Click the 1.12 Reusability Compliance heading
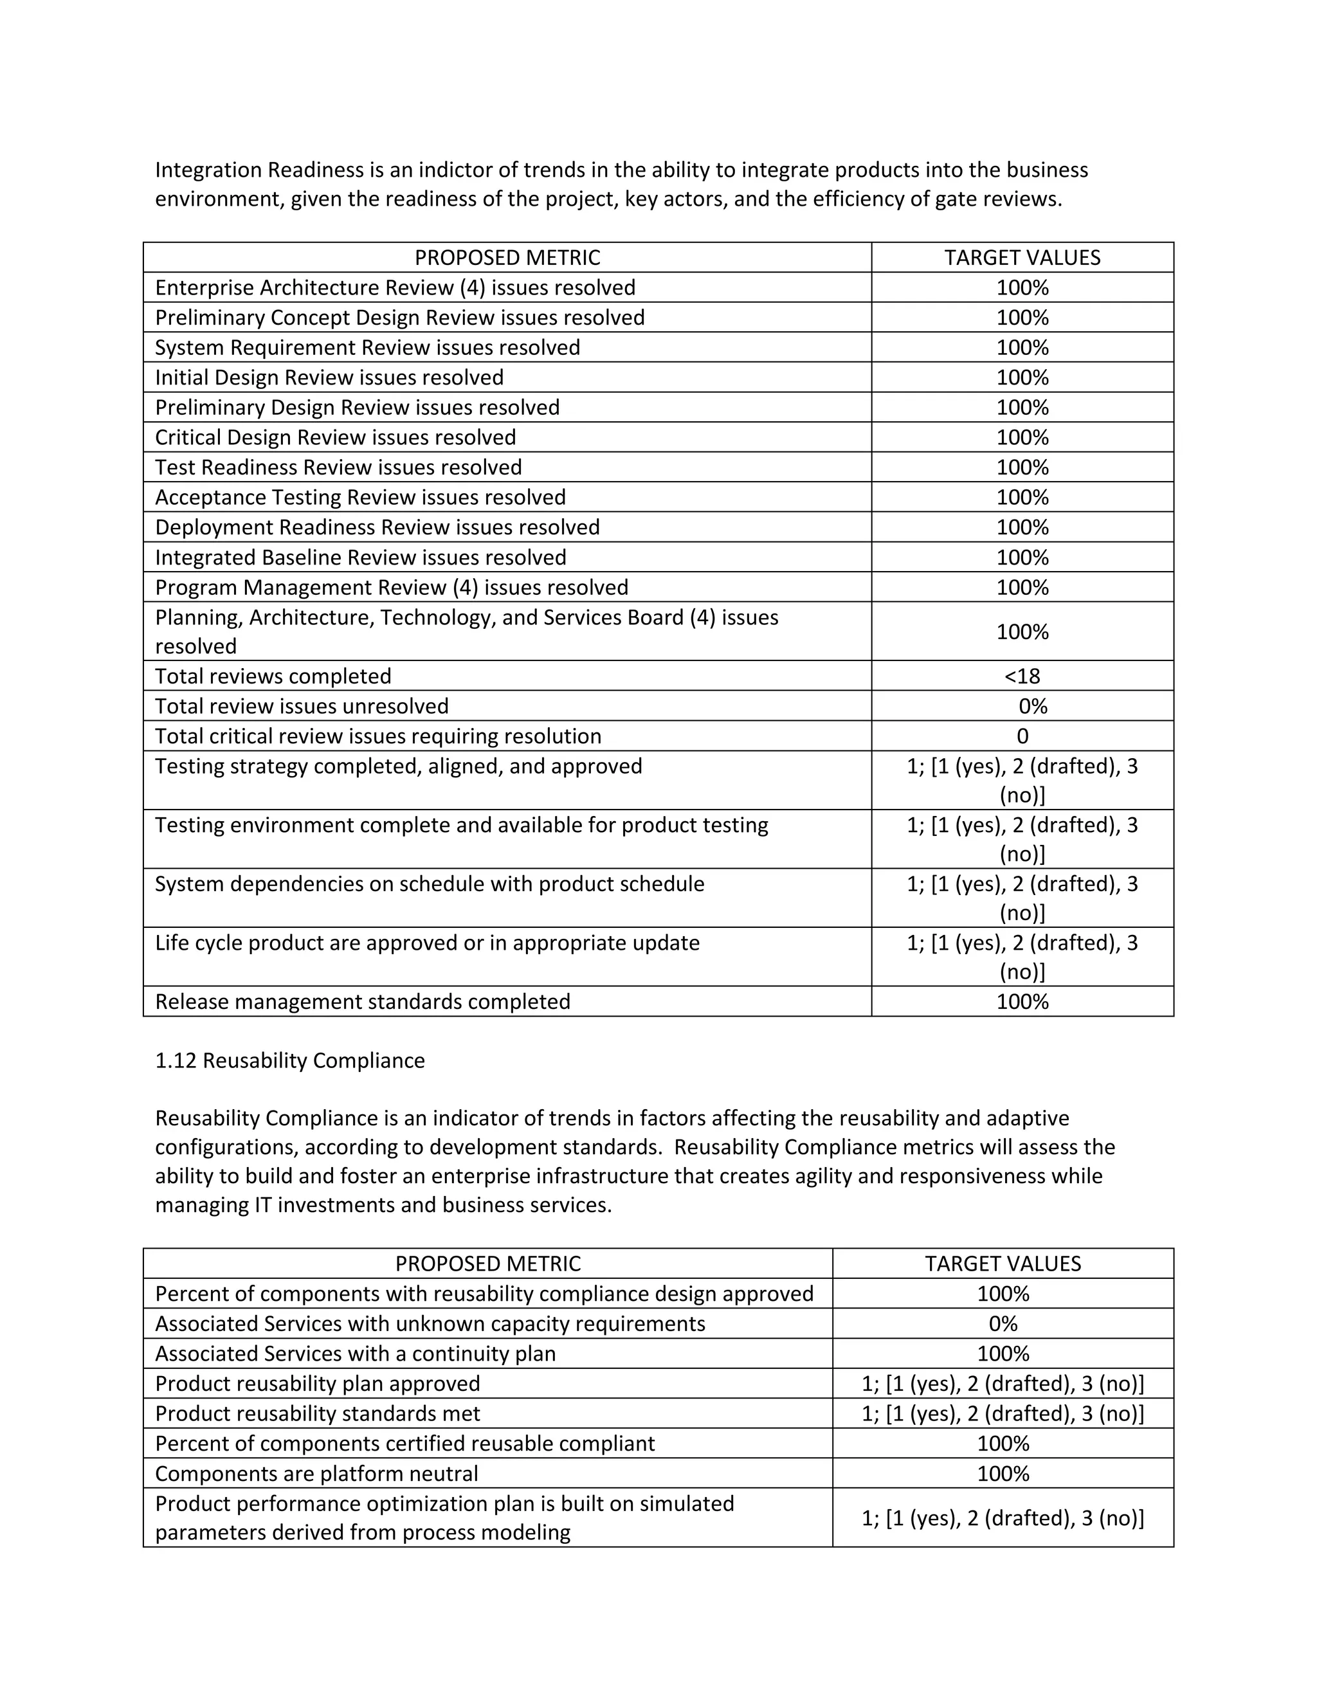click(289, 1060)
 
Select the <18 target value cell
click(1021, 676)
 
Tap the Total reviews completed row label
click(273, 676)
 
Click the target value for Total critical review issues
click(1022, 736)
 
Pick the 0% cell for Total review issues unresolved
click(1032, 706)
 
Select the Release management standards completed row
click(363, 1001)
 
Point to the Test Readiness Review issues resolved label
click(339, 467)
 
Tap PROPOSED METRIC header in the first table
click(507, 257)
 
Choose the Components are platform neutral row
click(317, 1473)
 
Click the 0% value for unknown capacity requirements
click(1003, 1323)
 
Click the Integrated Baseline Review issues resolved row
click(361, 557)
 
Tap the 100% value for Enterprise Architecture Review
click(1022, 287)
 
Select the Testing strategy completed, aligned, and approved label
click(399, 766)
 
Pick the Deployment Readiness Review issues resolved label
click(377, 527)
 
